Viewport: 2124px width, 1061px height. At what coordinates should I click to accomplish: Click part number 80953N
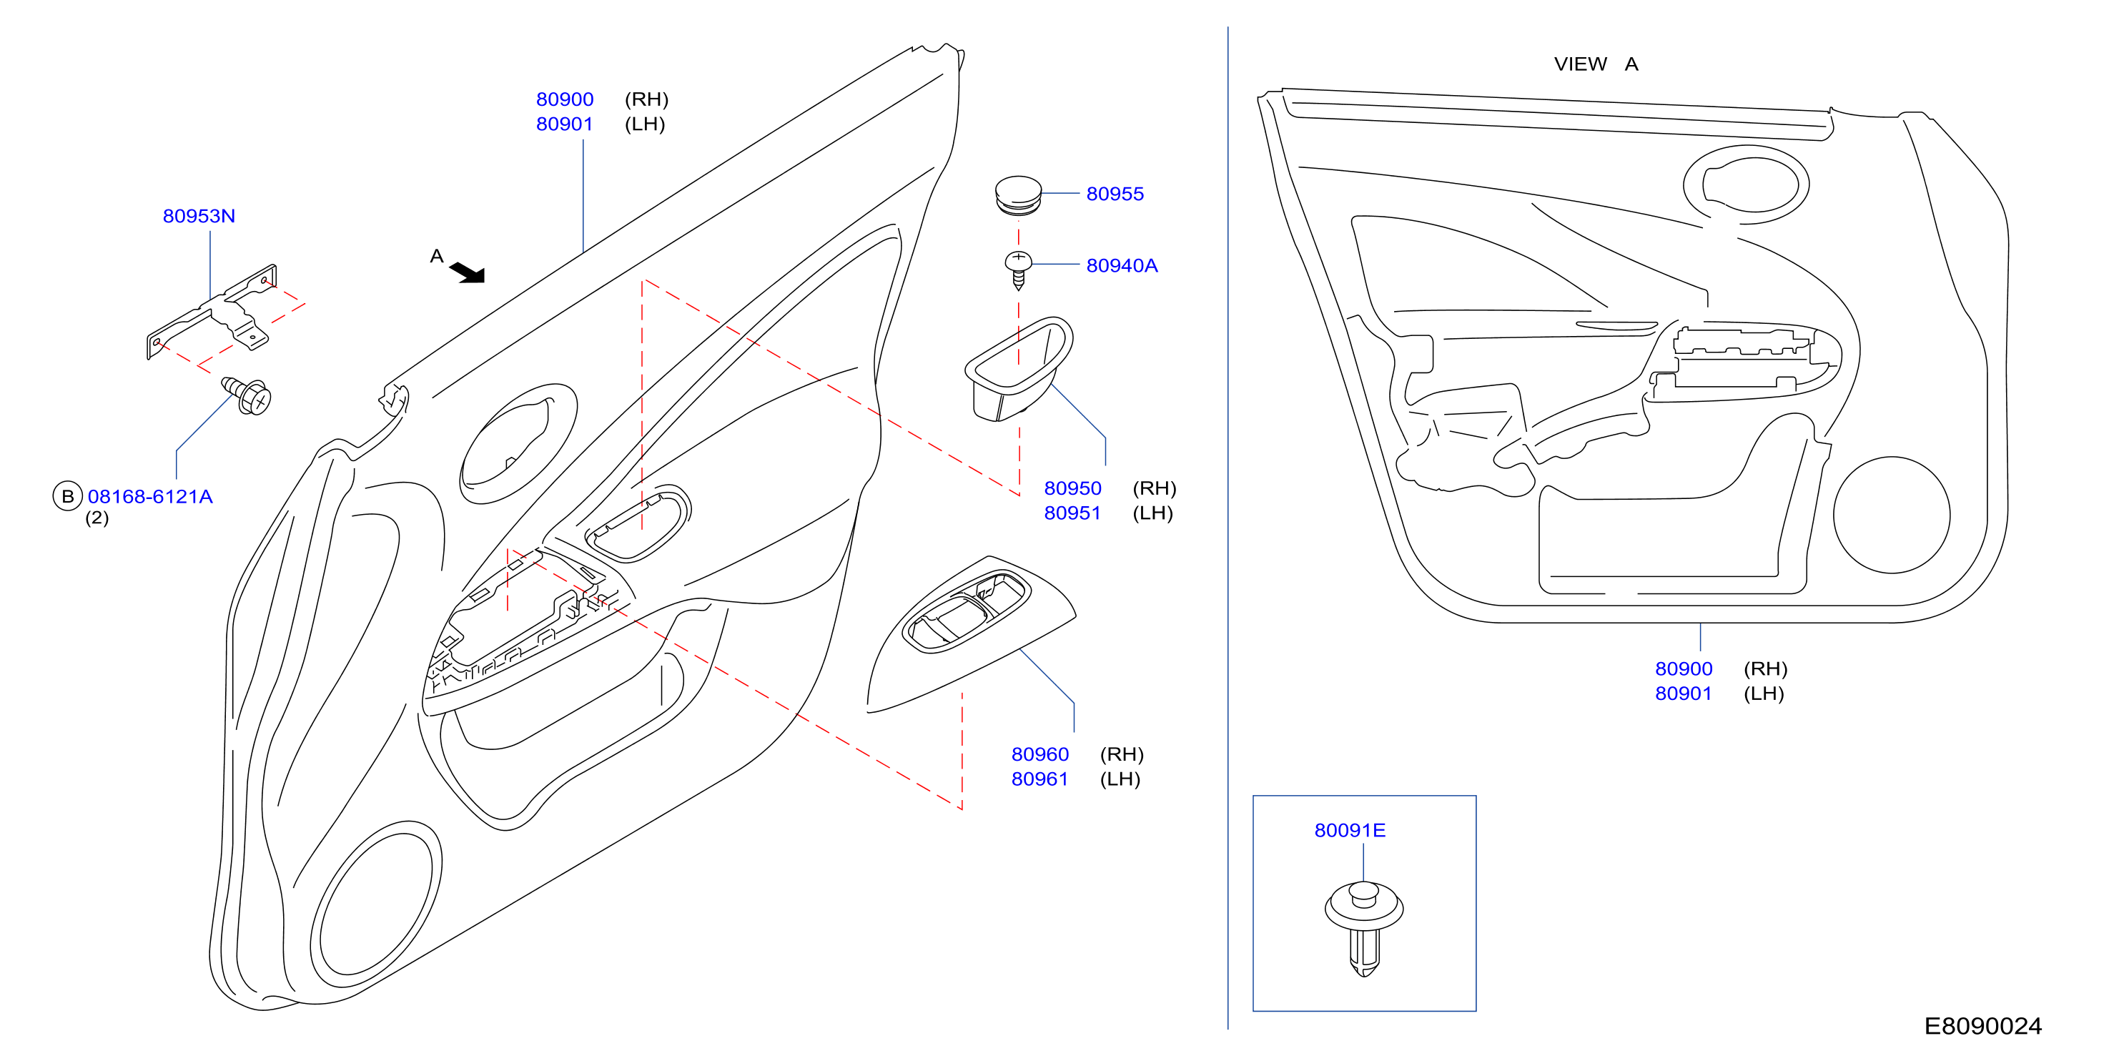(x=199, y=216)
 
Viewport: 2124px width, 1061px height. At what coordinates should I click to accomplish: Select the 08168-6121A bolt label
(x=150, y=496)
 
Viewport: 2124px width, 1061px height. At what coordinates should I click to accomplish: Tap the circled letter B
(x=68, y=496)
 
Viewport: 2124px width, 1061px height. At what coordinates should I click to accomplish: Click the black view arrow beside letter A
(x=469, y=272)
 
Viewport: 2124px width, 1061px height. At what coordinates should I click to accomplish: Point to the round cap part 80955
(x=1018, y=196)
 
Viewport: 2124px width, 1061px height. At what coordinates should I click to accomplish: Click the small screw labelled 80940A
(x=1018, y=270)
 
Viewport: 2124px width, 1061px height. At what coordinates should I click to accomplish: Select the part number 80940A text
(x=1122, y=265)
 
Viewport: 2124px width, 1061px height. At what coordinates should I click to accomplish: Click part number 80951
(x=1072, y=513)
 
